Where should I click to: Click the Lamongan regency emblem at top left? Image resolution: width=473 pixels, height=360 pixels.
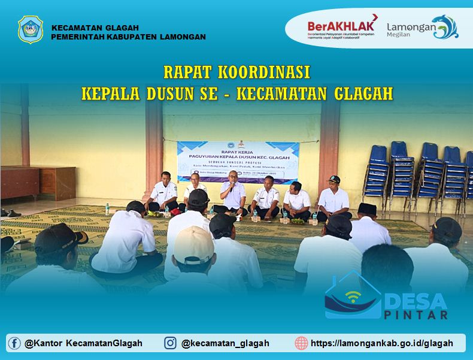(31, 29)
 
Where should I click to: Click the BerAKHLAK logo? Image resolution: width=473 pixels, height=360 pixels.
(342, 27)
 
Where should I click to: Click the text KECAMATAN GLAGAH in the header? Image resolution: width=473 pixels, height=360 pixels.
(95, 28)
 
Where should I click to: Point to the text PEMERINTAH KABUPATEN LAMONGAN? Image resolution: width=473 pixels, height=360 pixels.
(128, 37)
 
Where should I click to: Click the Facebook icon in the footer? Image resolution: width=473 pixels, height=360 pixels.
(14, 343)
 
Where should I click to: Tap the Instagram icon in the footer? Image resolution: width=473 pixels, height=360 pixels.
(171, 343)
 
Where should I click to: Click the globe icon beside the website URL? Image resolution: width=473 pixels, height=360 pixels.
(301, 343)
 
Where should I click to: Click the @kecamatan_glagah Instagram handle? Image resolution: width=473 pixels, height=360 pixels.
(225, 343)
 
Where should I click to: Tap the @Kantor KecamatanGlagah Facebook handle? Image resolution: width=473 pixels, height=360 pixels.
(84, 343)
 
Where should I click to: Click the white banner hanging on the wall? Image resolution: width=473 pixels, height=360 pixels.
(238, 160)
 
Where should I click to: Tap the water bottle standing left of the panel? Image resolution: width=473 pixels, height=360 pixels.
(108, 208)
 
